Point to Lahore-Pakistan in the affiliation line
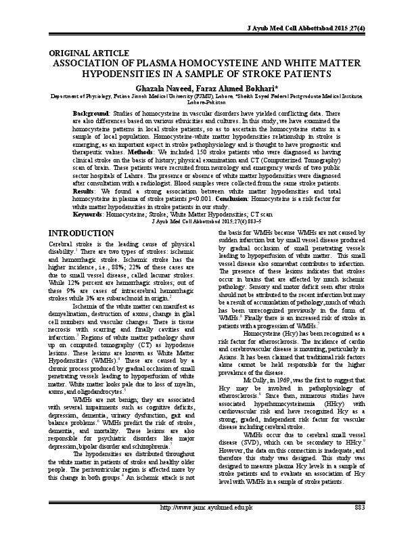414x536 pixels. tap(207, 103)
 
